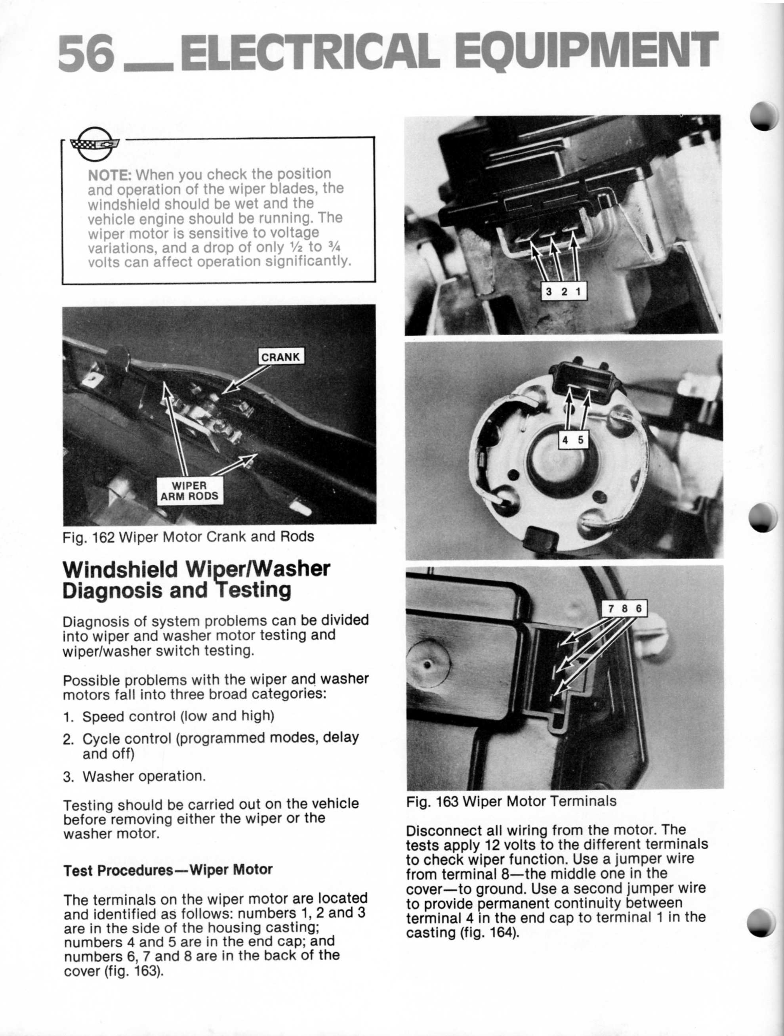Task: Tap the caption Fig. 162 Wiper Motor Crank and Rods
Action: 188,536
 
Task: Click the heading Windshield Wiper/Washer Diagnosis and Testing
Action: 196,579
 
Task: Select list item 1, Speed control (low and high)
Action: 178,716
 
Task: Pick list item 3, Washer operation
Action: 144,776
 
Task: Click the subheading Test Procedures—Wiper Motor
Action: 168,870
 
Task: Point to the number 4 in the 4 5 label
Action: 565,440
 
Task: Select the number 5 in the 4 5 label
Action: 580,440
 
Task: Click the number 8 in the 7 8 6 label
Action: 624,609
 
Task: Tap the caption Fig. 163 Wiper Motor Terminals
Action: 511,801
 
